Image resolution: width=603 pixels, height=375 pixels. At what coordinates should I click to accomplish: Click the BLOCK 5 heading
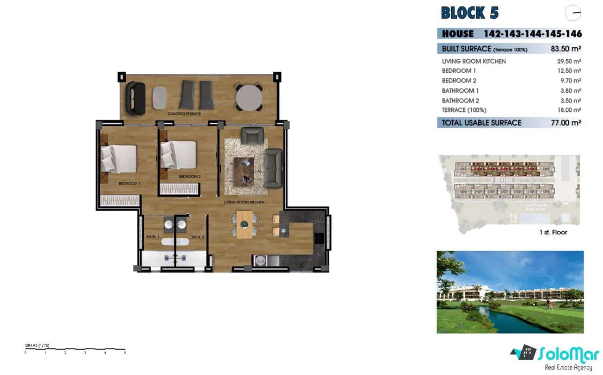[469, 13]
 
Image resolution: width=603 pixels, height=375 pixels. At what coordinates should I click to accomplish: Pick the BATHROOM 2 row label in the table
[460, 101]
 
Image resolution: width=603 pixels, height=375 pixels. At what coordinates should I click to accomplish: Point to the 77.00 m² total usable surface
[563, 123]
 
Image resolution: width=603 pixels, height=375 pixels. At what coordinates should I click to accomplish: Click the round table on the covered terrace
[249, 97]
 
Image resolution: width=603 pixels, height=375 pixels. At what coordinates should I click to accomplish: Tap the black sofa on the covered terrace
[135, 98]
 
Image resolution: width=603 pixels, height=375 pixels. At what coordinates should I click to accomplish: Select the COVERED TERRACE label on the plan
[185, 114]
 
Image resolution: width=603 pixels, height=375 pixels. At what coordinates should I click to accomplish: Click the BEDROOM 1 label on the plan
[129, 184]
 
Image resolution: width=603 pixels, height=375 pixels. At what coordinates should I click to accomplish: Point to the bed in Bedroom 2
[179, 154]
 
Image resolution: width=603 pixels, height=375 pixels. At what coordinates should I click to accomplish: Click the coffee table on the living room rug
[244, 170]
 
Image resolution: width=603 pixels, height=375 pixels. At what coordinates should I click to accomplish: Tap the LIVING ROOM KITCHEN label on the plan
[244, 202]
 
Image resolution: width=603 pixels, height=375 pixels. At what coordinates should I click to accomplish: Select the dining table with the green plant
[244, 224]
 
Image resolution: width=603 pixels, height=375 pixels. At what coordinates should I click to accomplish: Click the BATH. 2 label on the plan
[198, 237]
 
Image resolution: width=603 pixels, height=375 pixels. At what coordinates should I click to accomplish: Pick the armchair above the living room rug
[252, 136]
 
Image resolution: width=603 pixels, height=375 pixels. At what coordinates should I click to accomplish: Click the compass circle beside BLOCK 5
[573, 13]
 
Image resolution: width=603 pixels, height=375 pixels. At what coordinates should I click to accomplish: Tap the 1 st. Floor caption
[553, 232]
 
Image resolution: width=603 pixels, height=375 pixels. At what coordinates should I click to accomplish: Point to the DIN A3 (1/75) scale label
[37, 346]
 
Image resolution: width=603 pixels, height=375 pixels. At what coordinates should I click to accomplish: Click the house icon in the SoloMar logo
[526, 353]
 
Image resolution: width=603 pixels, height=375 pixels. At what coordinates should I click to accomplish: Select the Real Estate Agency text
[569, 368]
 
